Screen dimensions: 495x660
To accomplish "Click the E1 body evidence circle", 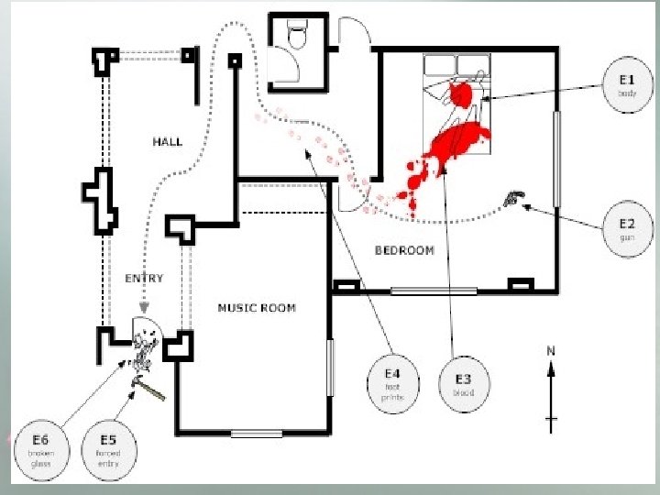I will tap(627, 85).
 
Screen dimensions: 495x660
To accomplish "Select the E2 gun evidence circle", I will tap(627, 227).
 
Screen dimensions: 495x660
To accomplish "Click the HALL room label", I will tap(167, 141).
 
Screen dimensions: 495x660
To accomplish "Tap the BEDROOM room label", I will tap(404, 250).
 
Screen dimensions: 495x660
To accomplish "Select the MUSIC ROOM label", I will tap(257, 308).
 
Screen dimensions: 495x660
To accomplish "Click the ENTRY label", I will tap(144, 278).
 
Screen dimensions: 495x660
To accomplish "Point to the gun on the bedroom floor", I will tap(511, 197).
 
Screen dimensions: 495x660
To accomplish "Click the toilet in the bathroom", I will tap(297, 37).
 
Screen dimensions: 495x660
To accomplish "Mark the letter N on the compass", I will tap(551, 350).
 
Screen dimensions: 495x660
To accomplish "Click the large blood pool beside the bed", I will tap(458, 142).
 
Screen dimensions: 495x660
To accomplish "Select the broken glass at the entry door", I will tap(143, 349).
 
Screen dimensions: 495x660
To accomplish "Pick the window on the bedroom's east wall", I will tap(556, 158).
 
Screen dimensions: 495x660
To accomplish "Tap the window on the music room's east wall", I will tap(330, 367).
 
